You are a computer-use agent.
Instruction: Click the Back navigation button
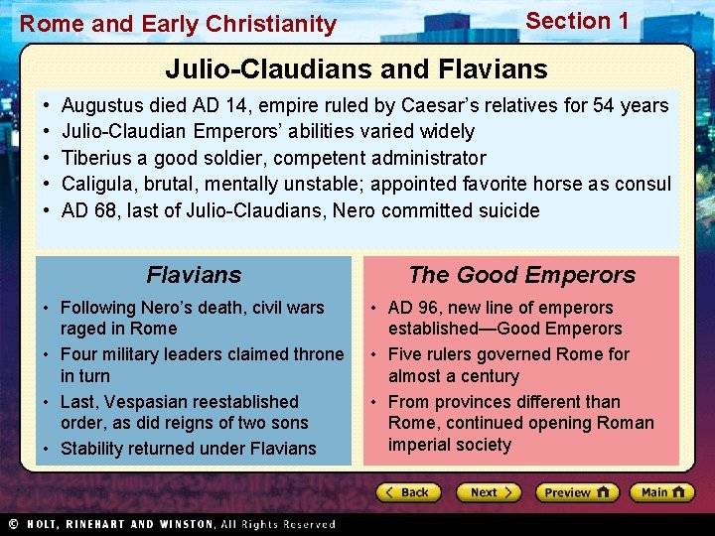tap(408, 492)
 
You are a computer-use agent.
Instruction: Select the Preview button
tap(576, 492)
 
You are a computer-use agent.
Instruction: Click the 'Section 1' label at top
tap(577, 21)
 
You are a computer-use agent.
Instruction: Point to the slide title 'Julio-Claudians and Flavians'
tap(357, 68)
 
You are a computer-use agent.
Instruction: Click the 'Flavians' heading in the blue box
tap(194, 275)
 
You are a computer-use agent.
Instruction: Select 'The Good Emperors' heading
tap(521, 275)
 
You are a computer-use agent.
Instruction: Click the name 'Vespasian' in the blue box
tap(151, 402)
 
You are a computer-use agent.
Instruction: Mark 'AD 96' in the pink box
tap(412, 308)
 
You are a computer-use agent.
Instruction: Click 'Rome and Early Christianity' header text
tap(179, 24)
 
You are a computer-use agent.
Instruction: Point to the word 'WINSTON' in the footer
tap(182, 524)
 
